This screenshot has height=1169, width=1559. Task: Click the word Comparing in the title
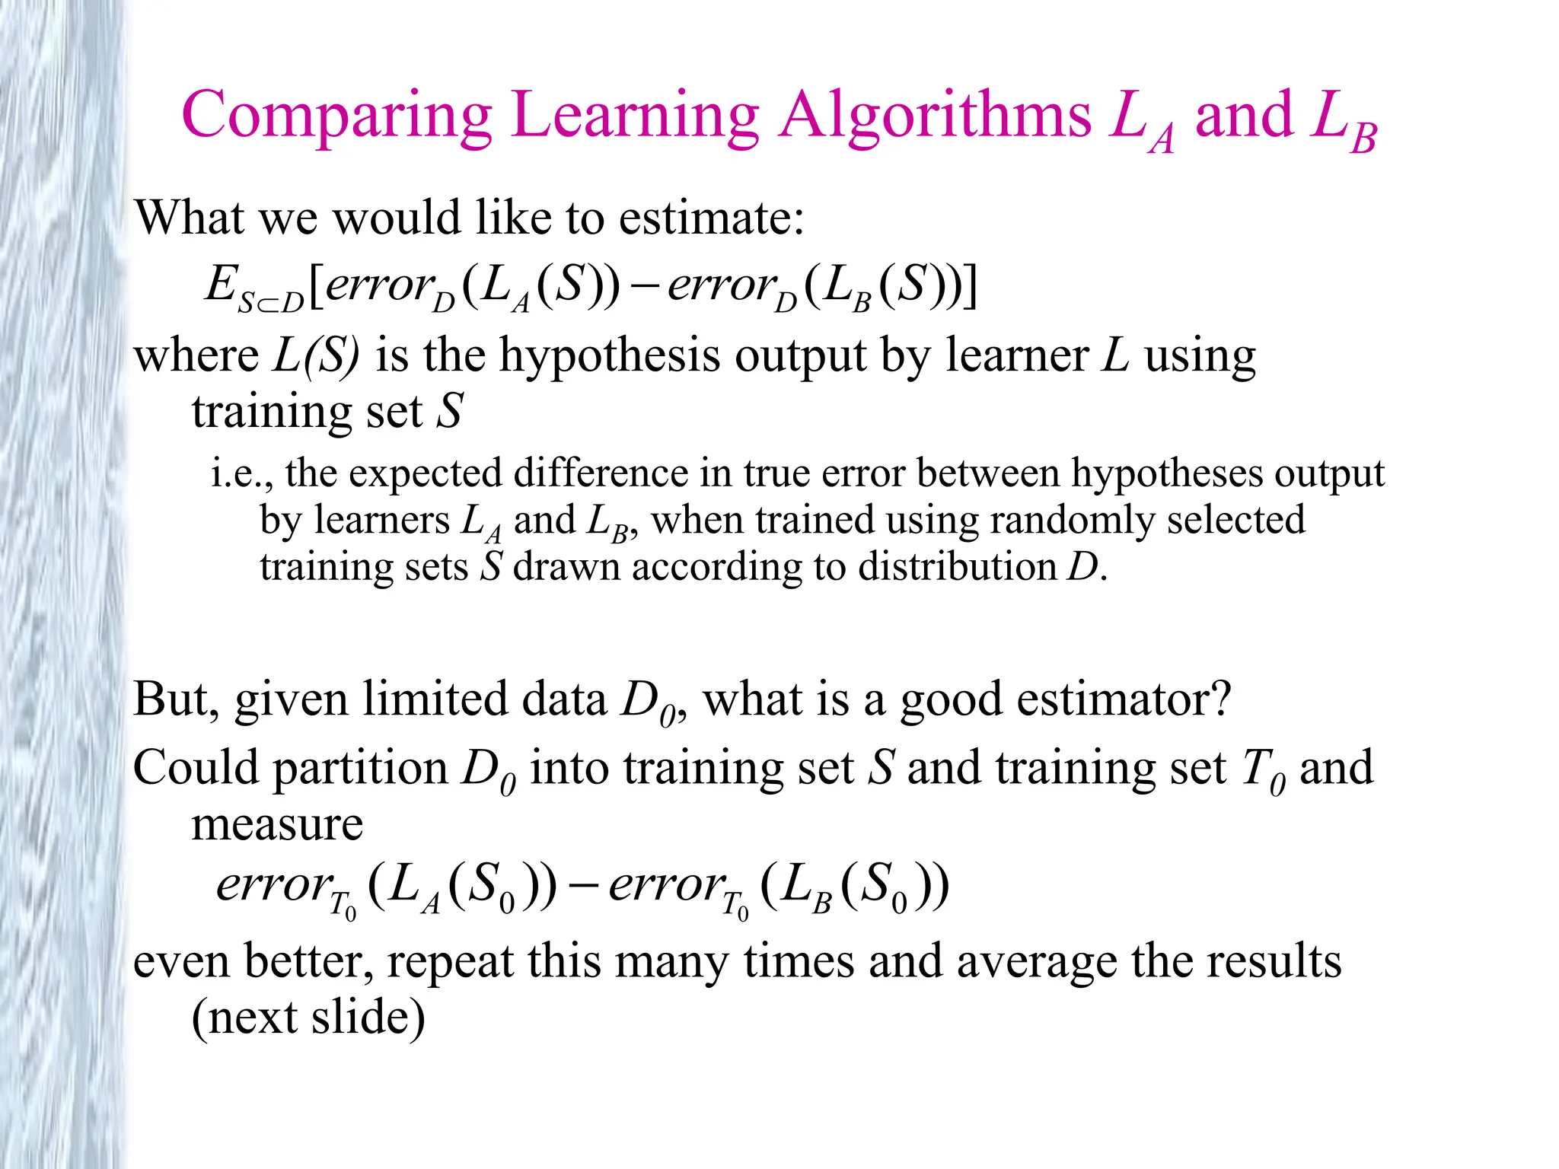(x=336, y=116)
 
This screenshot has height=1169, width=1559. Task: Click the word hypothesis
(x=608, y=356)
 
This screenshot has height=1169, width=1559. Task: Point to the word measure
(x=277, y=823)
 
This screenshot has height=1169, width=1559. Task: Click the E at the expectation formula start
(x=221, y=285)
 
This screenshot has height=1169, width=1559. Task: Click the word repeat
(x=451, y=962)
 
